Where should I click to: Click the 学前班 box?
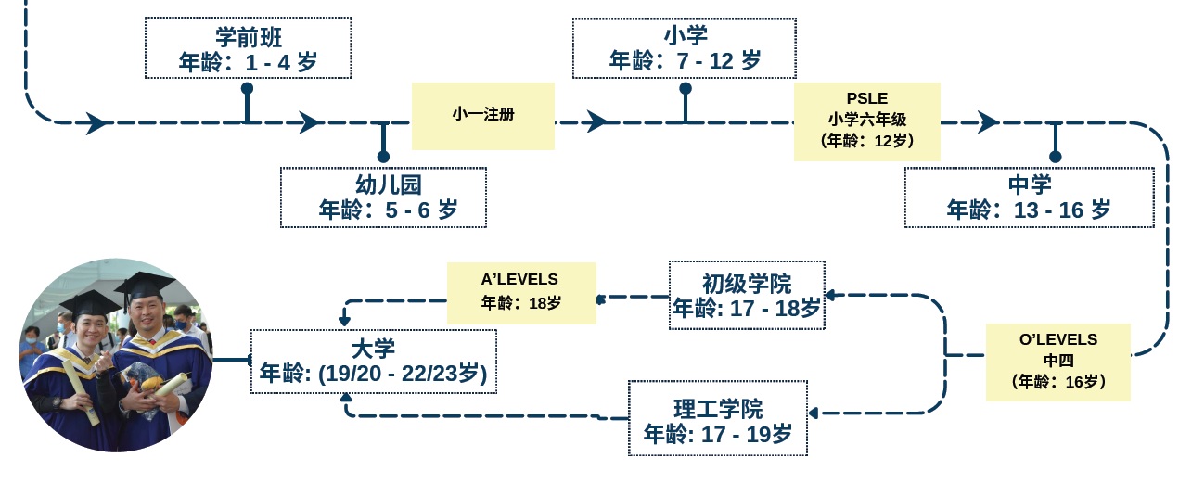[248, 48]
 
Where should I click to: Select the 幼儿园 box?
[383, 197]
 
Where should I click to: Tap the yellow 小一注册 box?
[482, 115]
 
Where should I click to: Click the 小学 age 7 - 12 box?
[685, 48]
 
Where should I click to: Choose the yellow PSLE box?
[866, 121]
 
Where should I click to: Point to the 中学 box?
[1029, 197]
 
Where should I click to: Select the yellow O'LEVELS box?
[1057, 361]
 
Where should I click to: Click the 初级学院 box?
[746, 295]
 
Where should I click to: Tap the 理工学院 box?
[717, 418]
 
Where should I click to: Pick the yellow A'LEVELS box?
[520, 292]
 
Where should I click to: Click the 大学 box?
[373, 361]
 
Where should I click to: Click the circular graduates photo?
[115, 355]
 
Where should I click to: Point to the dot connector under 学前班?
[247, 88]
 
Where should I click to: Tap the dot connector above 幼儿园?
[383, 157]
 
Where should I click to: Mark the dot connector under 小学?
[686, 88]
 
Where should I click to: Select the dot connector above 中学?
[1055, 157]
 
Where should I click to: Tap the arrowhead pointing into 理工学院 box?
[814, 413]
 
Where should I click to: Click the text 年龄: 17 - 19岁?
[717, 433]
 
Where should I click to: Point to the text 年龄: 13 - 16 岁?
[1029, 210]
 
